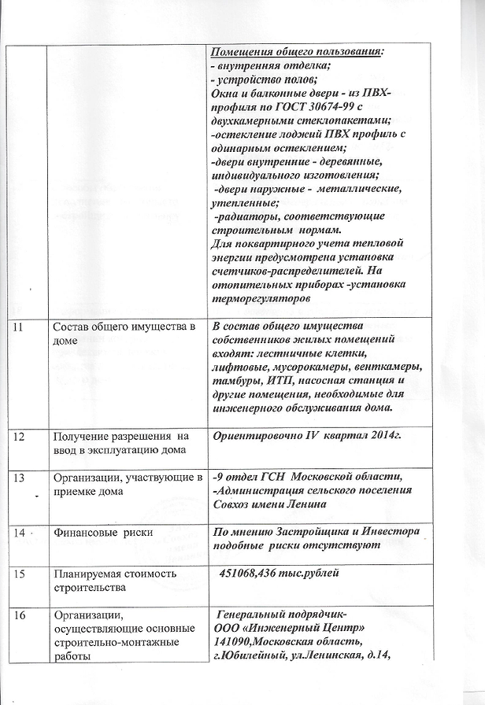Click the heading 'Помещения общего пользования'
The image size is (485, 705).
pos(298,52)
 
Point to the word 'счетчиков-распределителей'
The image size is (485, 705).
pos(287,271)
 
